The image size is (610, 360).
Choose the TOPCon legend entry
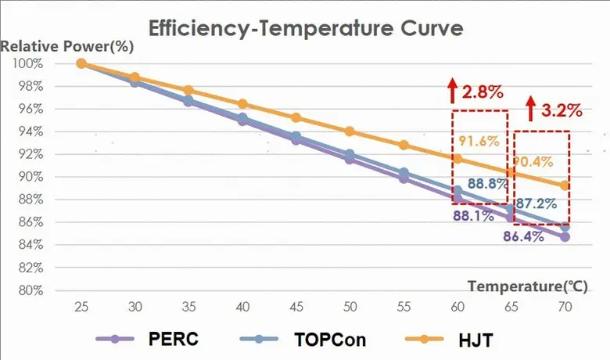click(329, 339)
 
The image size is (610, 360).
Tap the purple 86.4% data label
click(522, 236)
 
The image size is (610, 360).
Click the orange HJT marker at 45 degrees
click(296, 117)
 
